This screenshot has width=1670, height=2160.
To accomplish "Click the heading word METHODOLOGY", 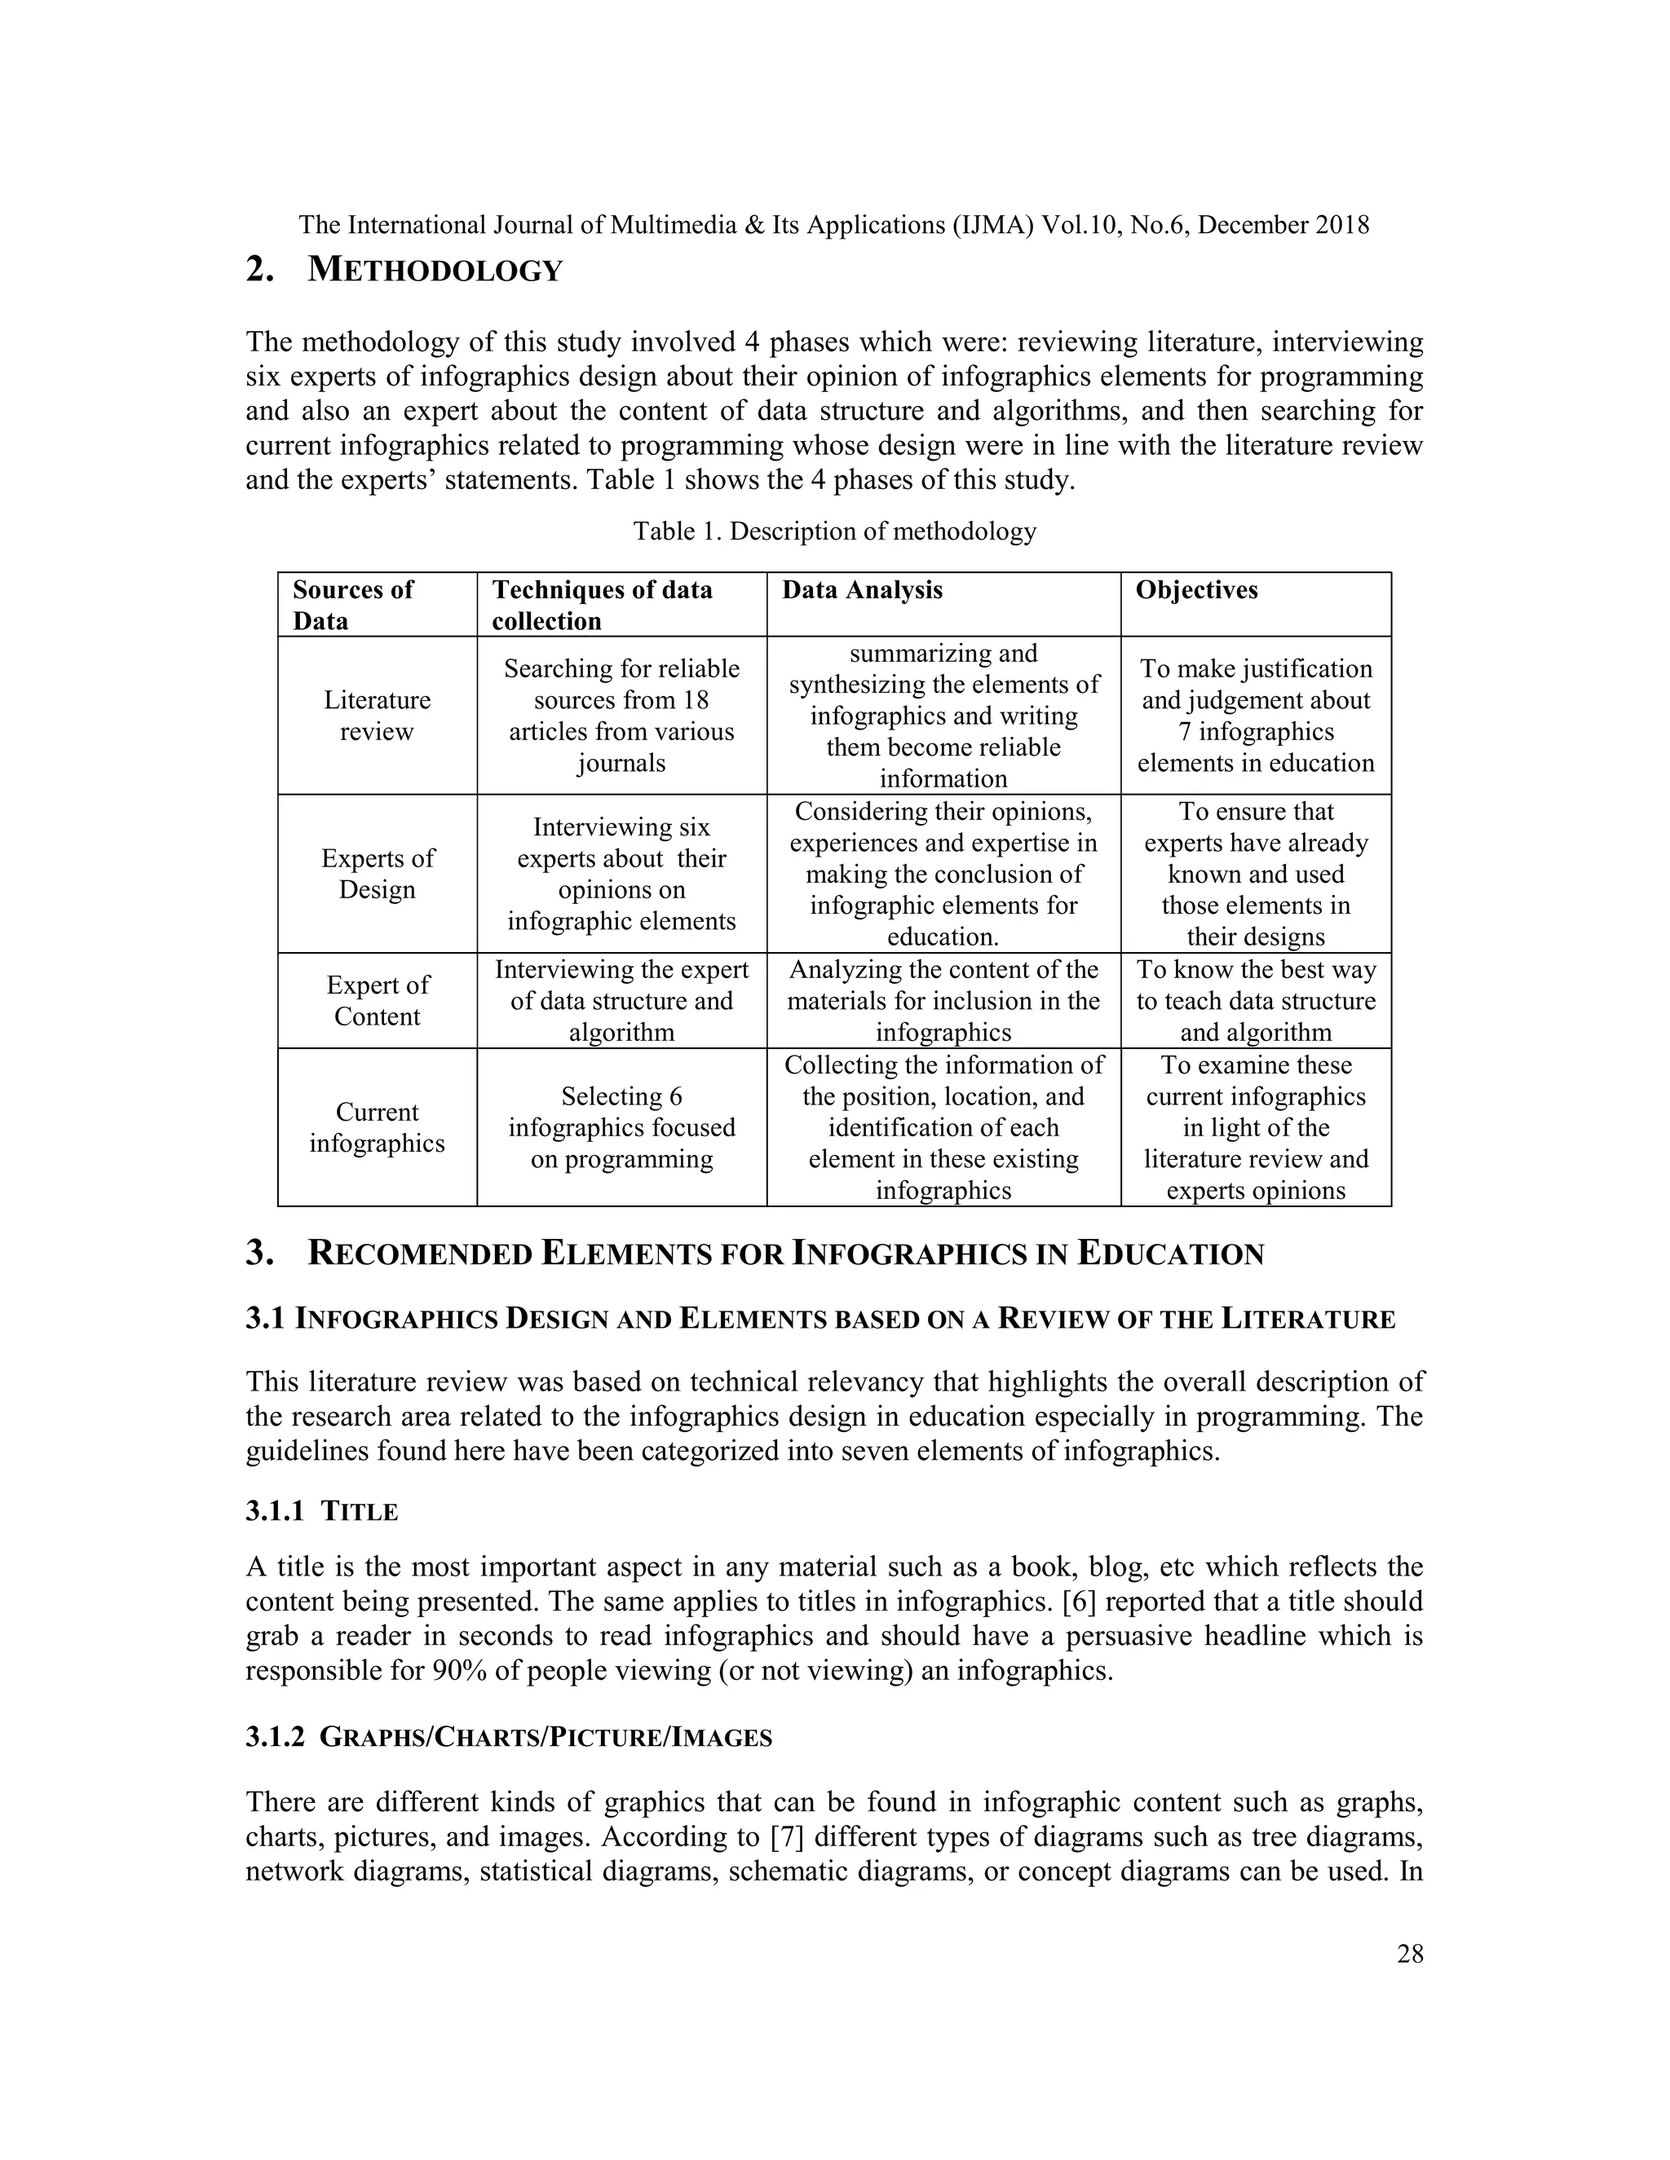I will [435, 270].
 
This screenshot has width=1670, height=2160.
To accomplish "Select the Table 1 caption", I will [834, 531].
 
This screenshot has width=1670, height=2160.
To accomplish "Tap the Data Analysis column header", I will [862, 589].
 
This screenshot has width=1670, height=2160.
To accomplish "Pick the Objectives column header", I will [1195, 589].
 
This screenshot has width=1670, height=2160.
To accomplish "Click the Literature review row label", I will [377, 715].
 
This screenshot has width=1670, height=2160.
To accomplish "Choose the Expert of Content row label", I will [377, 1000].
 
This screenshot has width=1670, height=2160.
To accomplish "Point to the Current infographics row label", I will [377, 1126].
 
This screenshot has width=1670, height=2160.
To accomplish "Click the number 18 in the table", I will [696, 700].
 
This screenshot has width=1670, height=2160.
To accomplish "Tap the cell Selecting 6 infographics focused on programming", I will [621, 1126].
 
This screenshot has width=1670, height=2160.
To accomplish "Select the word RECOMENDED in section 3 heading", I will [421, 1254].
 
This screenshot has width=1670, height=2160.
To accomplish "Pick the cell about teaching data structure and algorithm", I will [1256, 1000].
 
